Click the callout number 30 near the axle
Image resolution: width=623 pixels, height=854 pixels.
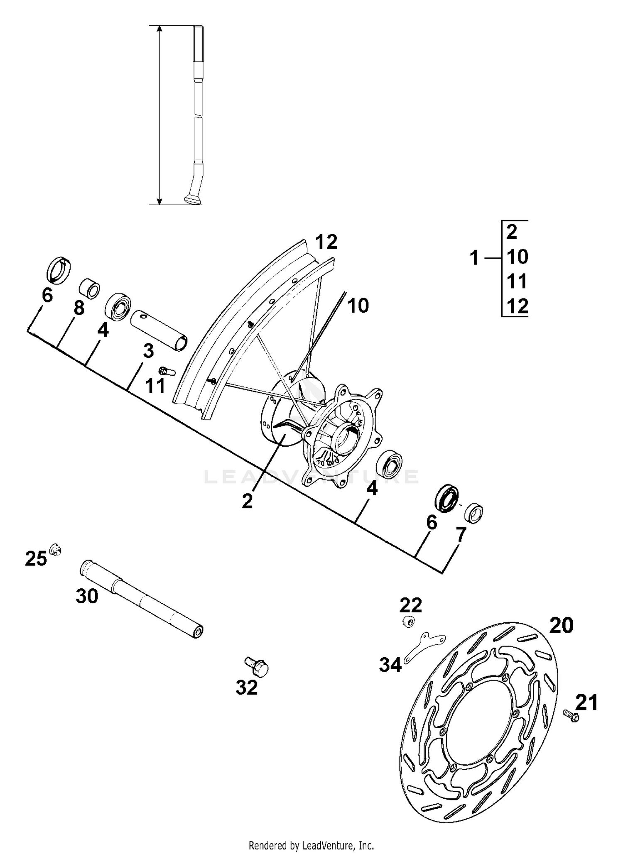point(87,597)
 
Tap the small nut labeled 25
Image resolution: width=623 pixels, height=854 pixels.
point(54,551)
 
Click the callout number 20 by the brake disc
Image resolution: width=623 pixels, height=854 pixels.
point(561,625)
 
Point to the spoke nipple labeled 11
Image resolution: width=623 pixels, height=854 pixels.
point(167,371)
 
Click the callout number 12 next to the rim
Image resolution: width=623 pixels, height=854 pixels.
point(326,242)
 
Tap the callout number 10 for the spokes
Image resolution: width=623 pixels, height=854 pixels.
point(358,306)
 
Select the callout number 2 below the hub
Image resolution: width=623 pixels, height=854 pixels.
point(247,502)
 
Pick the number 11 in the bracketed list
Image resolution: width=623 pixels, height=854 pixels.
point(517,281)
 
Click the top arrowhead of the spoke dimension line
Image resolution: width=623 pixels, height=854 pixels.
point(159,29)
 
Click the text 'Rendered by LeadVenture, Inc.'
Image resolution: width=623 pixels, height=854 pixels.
point(311,845)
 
